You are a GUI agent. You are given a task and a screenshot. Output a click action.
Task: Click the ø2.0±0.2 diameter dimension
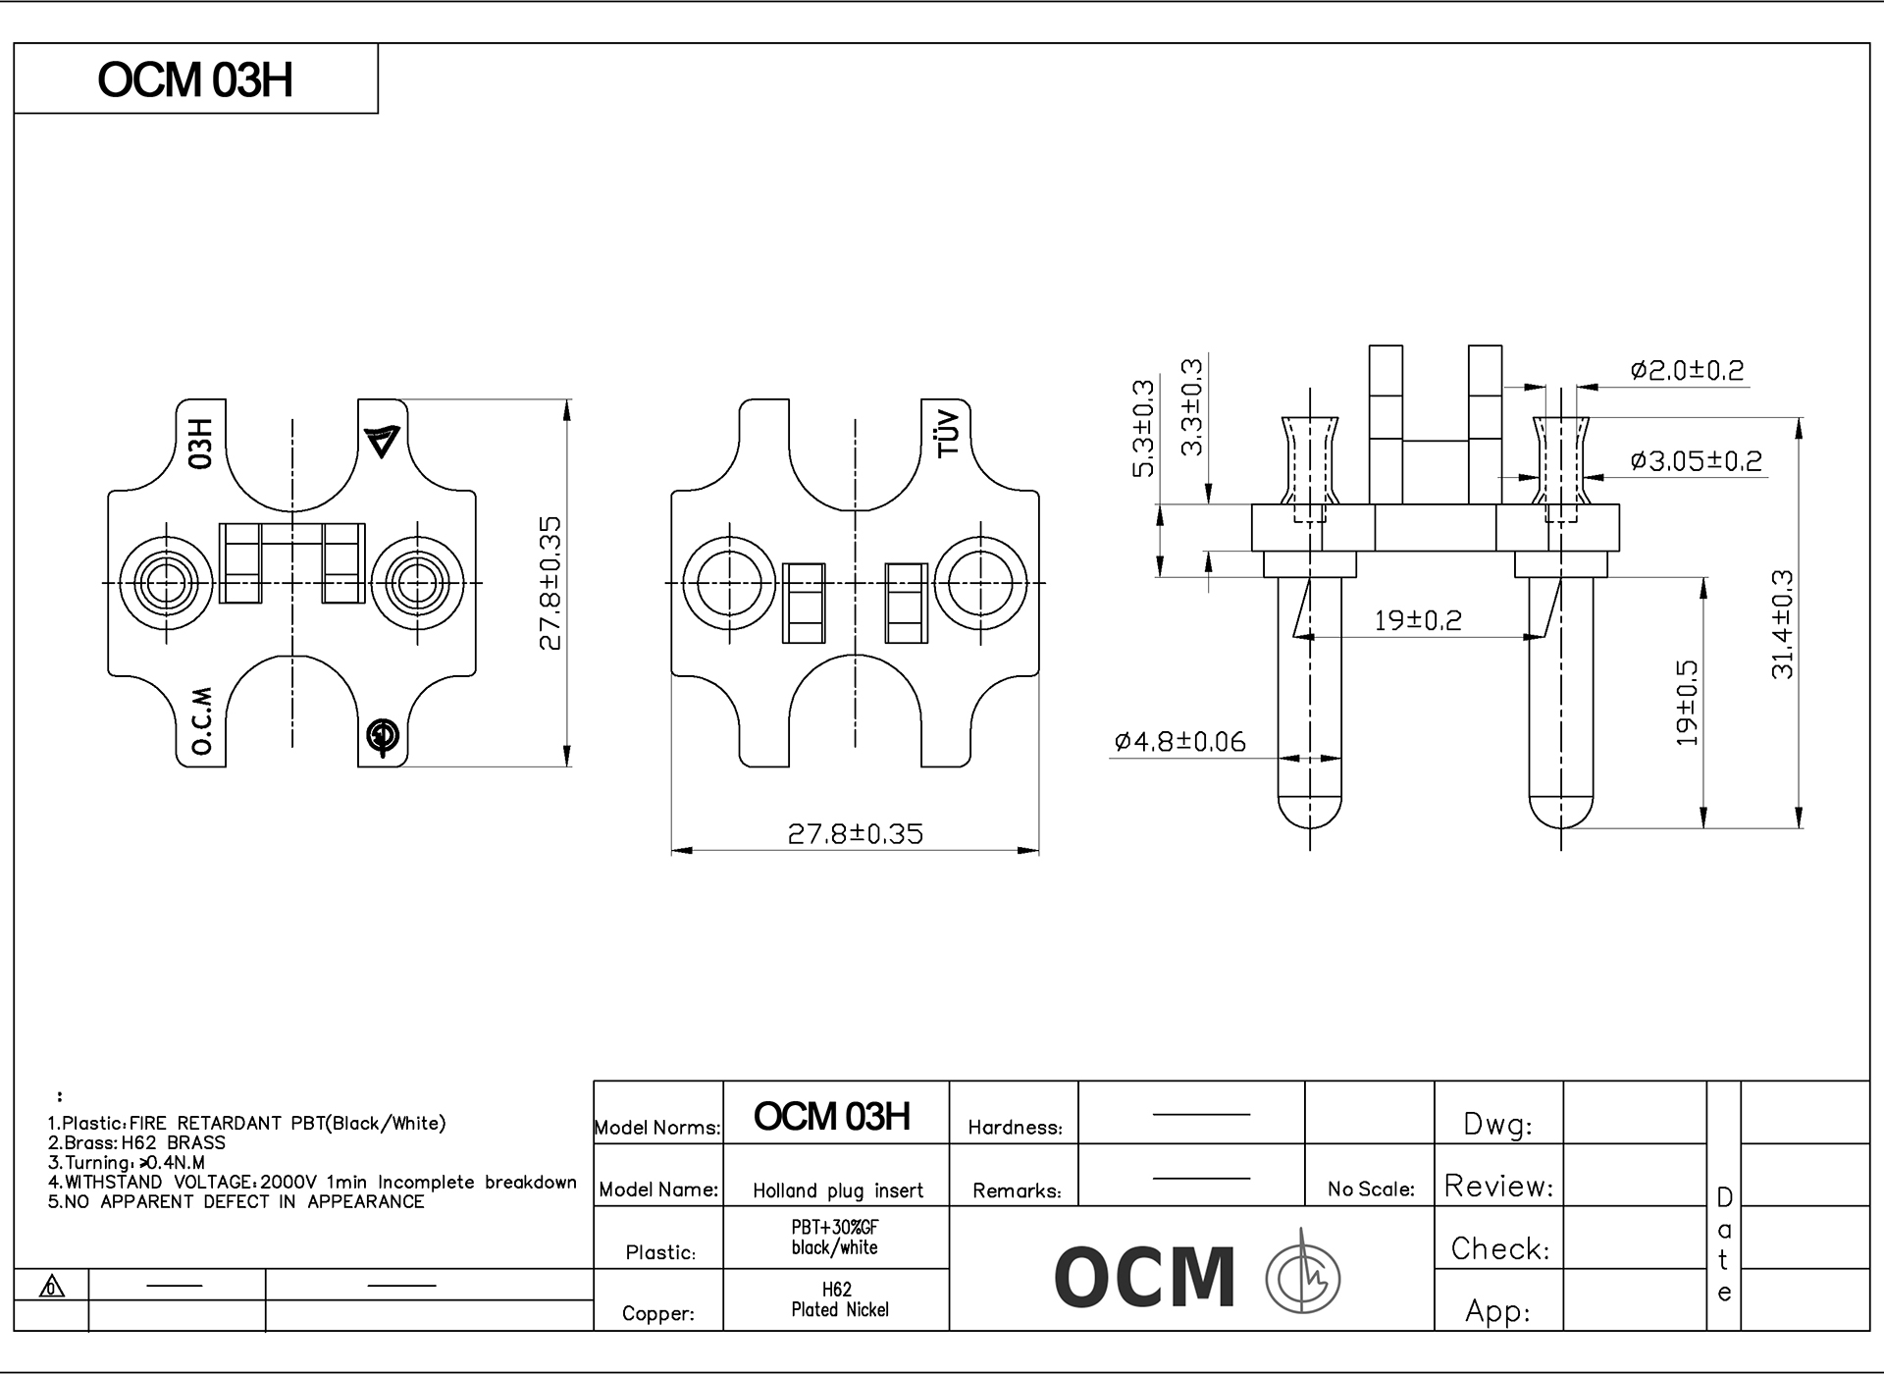1687,371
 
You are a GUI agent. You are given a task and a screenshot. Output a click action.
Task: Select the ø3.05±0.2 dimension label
1696,460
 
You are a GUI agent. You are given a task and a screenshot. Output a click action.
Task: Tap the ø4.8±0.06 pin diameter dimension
1179,741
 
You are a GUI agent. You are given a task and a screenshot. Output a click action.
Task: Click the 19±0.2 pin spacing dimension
1417,620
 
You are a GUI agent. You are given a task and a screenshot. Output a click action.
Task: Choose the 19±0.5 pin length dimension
1686,703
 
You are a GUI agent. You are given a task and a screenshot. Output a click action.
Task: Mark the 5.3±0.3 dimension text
1144,428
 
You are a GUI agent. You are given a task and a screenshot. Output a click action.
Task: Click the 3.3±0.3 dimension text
1191,406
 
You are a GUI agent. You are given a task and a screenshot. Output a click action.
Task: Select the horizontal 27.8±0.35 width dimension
855,834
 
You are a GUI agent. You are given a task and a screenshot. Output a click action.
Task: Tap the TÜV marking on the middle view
948,433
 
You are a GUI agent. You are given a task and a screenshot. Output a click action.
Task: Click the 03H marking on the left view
200,443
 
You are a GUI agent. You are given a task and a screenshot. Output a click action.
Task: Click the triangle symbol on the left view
383,441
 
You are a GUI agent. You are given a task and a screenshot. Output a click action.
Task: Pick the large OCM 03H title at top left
195,80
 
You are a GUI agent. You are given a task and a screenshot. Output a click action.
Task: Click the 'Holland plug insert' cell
838,1190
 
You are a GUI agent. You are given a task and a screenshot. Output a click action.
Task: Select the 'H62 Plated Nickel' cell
838,1299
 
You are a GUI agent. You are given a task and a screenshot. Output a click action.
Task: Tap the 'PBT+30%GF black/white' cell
835,1238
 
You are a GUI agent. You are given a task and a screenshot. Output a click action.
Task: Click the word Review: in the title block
1498,1187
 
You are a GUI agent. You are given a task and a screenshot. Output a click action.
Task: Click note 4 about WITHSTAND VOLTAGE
312,1183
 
